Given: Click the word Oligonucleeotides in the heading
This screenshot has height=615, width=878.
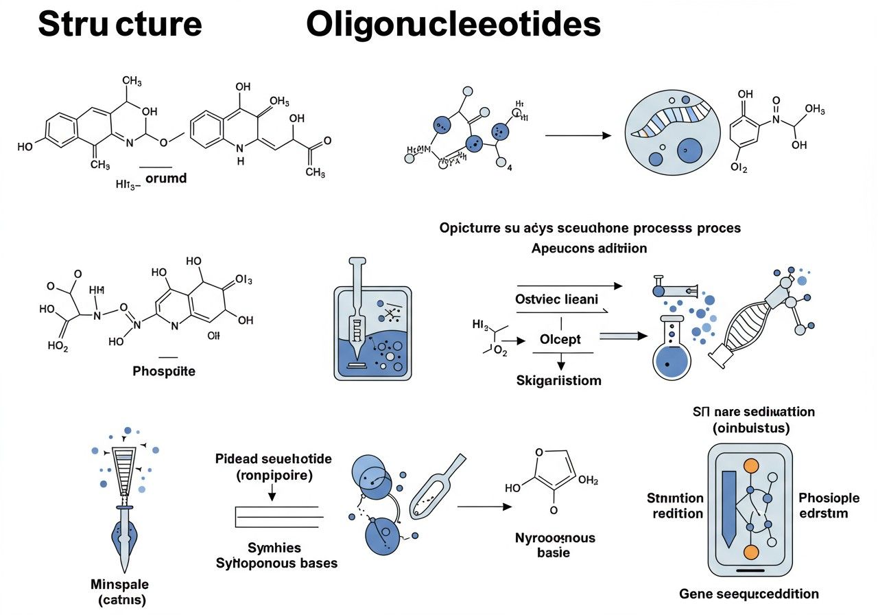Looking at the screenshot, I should (453, 25).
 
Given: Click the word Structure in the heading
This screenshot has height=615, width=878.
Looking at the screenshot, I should (120, 25).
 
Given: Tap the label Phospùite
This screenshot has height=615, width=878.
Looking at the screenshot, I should (164, 371).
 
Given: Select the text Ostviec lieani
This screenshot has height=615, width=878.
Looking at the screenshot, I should (556, 299).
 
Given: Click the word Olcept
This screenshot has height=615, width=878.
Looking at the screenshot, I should (560, 339).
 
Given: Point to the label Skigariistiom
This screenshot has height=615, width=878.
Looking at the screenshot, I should (558, 380).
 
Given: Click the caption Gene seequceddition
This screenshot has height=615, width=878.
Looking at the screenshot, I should (749, 594).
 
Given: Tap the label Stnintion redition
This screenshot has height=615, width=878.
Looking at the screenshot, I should (675, 506).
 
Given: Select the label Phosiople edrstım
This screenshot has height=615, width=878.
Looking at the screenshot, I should (823, 506).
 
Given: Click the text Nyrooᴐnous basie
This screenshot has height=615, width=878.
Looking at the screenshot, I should (555, 545).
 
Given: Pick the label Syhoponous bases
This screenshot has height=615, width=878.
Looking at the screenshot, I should (276, 564).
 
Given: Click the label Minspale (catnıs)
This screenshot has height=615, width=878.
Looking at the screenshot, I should (119, 592).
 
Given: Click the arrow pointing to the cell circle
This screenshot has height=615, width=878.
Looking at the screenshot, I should (578, 136).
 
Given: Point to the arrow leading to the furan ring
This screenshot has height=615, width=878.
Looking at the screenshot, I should (484, 507).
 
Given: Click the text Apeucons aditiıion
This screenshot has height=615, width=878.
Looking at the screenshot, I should (589, 248).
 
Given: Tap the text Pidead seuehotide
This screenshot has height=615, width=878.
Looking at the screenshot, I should (273, 459).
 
